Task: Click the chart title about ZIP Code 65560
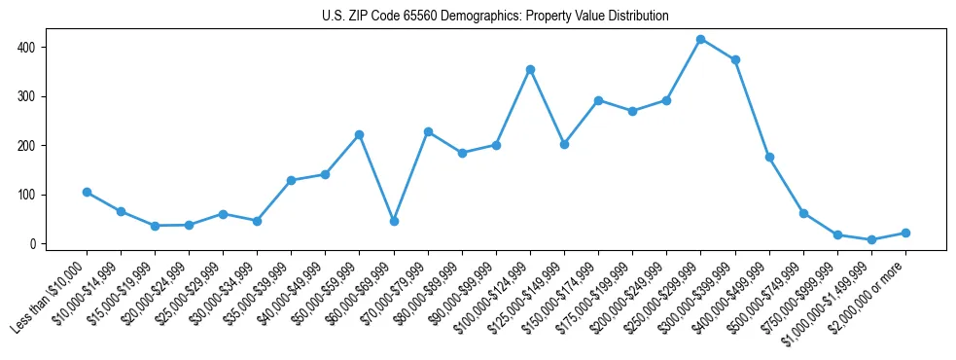495,17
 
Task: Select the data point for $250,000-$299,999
700,39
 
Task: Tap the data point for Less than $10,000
87,192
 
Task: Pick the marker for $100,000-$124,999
530,69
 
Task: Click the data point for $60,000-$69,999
394,221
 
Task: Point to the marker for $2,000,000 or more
905,233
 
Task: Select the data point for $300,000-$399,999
735,59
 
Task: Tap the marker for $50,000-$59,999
360,134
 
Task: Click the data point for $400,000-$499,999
769,157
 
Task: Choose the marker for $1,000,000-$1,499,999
871,239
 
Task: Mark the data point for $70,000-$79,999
428,131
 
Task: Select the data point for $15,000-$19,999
155,226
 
